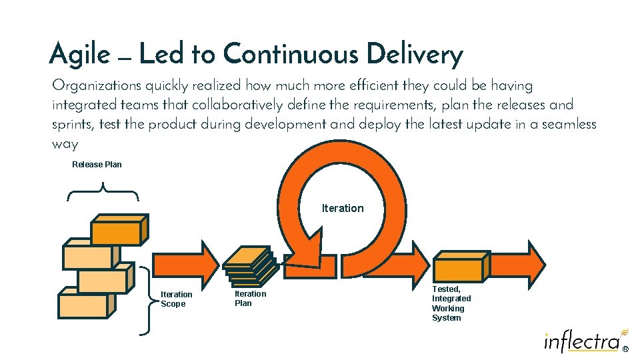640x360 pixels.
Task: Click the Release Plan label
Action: [97, 164]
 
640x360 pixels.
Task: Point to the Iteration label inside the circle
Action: [343, 208]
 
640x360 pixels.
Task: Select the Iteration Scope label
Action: [177, 299]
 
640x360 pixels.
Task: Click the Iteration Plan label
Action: [250, 298]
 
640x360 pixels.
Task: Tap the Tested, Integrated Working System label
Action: [451, 303]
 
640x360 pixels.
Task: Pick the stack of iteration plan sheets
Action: [249, 265]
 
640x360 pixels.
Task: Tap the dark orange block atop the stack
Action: [117, 230]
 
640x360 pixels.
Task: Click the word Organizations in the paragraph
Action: [96, 85]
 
